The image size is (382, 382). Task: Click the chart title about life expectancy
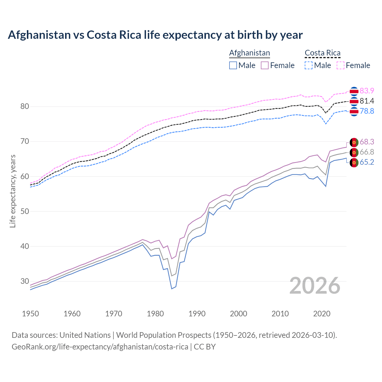155,35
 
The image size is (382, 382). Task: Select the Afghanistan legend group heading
249,53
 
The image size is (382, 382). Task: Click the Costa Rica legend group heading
322,53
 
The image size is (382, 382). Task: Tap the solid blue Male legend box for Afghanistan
233,65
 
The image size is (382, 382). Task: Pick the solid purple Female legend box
265,65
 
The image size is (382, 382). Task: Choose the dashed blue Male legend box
309,65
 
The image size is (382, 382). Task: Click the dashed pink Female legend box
341,65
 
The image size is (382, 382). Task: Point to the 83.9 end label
367,91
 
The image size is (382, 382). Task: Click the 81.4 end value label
367,101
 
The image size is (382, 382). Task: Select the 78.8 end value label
367,111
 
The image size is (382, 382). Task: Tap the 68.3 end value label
367,142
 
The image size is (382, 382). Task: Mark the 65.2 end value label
367,162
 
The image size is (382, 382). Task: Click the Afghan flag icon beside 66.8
354,153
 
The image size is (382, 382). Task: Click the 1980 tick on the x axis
155,314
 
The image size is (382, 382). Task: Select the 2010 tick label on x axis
280,314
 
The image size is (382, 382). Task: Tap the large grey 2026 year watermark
315,286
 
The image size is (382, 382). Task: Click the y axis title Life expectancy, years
13,191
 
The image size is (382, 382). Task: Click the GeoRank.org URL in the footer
100,347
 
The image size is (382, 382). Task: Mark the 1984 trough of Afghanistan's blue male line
172,289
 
